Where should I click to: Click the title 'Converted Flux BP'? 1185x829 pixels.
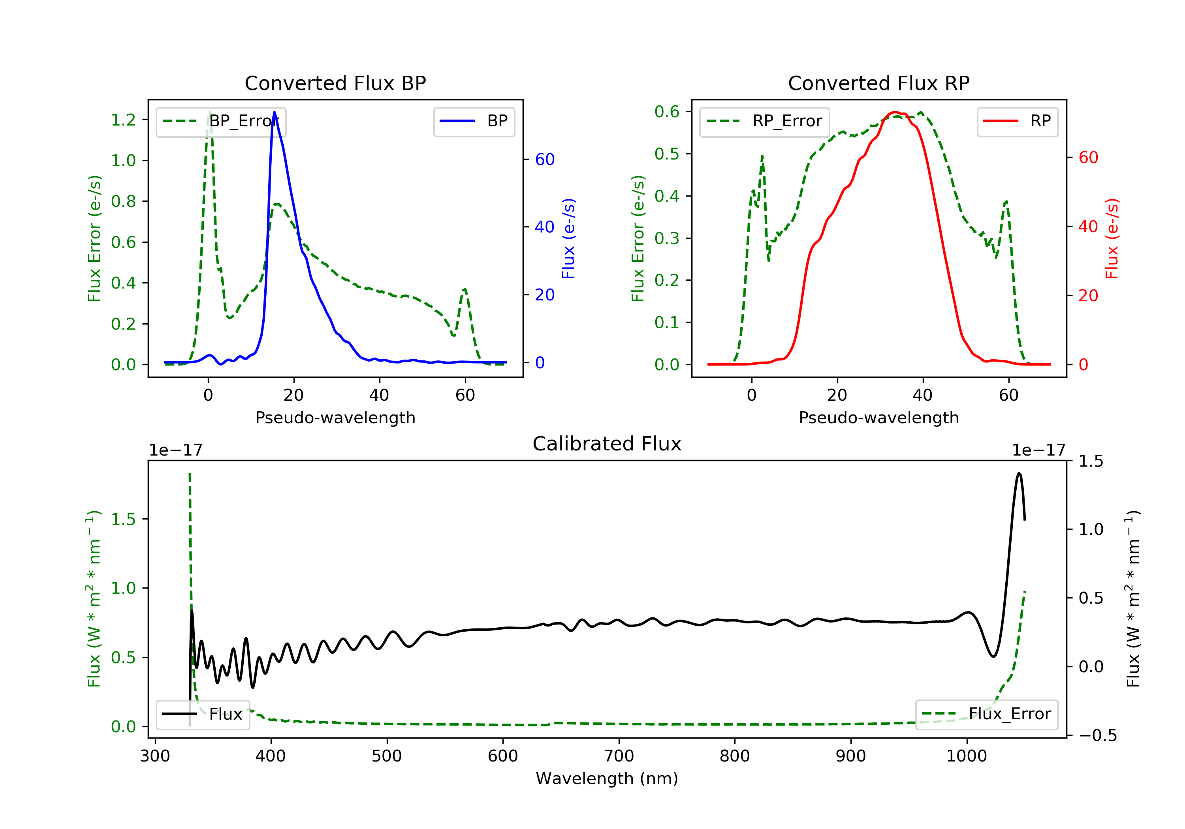[335, 83]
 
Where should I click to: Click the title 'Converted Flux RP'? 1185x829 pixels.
[878, 83]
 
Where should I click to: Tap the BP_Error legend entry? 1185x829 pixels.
[221, 122]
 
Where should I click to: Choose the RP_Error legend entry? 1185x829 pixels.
[764, 122]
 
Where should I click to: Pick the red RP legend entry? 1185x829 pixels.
[1017, 122]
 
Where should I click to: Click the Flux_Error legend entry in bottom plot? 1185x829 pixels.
[986, 715]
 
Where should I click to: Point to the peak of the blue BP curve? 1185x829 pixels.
[274, 112]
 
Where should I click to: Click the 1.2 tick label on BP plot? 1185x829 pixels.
[123, 120]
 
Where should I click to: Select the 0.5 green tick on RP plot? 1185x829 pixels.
[667, 154]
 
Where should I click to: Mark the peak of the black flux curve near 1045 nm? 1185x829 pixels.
[1019, 473]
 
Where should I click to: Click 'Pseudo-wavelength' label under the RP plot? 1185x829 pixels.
[878, 417]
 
